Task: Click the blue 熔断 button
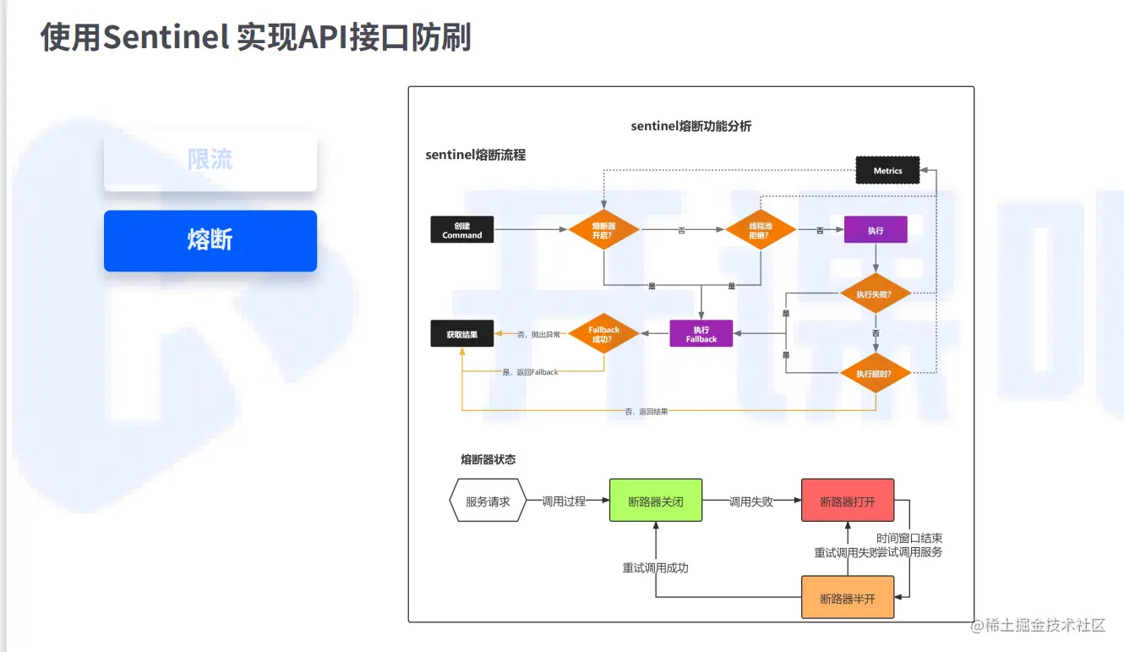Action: tap(210, 241)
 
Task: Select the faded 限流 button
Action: tap(210, 160)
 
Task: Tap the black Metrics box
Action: tap(887, 171)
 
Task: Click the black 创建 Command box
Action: tap(462, 230)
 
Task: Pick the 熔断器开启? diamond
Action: tap(603, 230)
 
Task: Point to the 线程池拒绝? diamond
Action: tap(760, 230)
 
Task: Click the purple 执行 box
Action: tap(876, 230)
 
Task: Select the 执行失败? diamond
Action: tap(876, 294)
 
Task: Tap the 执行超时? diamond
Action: tap(876, 373)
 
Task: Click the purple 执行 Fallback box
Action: tap(701, 334)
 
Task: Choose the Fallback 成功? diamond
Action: tap(603, 334)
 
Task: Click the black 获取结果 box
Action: tap(462, 335)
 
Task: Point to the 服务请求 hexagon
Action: tap(488, 501)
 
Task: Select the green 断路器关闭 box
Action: tap(656, 501)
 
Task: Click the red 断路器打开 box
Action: tap(848, 501)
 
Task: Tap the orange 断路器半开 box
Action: tap(848, 598)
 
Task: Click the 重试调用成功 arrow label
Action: tap(656, 567)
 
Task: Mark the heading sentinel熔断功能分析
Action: tap(691, 126)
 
